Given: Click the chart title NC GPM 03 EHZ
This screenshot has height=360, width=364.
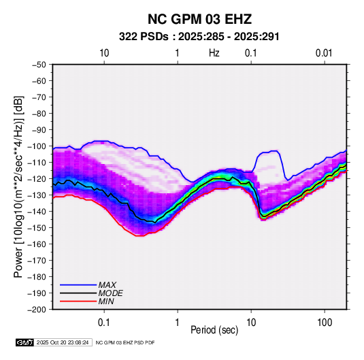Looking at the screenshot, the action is tap(199, 19).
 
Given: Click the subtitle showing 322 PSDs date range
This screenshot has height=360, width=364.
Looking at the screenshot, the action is tap(199, 37).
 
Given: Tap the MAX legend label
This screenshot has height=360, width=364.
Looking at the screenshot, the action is tap(107, 285).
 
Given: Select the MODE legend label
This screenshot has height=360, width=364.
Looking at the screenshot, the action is tap(110, 293).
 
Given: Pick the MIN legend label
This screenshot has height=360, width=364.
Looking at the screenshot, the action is tap(106, 301).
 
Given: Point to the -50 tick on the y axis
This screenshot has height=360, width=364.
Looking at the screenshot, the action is tap(39, 65).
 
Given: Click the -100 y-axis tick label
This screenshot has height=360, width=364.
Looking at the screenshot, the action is tap(37, 146).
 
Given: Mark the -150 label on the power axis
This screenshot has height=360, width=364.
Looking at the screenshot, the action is tap(37, 228).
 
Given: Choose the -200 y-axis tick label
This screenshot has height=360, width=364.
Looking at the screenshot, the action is tap(37, 310).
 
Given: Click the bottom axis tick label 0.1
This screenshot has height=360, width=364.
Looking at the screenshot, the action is tap(104, 323).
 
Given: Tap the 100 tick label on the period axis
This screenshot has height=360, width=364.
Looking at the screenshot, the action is tap(325, 323).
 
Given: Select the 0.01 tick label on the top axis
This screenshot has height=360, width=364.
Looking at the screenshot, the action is tap(324, 53).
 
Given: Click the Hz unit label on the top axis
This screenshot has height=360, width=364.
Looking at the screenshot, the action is tap(214, 53).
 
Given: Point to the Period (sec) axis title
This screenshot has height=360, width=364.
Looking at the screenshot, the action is tap(214, 330).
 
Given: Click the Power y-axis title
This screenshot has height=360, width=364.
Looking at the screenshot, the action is tap(18, 186).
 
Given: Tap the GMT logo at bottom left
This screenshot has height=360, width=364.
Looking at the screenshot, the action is tap(25, 342).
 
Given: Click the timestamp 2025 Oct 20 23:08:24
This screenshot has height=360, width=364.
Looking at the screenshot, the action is tap(63, 342).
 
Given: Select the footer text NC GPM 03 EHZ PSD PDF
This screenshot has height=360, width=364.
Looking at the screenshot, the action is tap(125, 342).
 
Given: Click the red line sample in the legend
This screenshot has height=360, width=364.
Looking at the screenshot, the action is tap(78, 301).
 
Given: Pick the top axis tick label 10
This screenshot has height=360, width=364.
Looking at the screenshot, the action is tap(104, 53).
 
